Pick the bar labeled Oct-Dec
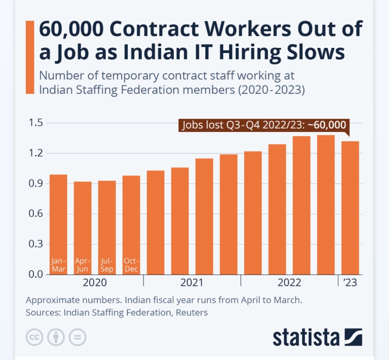tap(131, 225)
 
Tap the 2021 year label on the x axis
tap(192, 283)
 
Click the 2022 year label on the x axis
tap(289, 283)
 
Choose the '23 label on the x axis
tap(350, 283)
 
